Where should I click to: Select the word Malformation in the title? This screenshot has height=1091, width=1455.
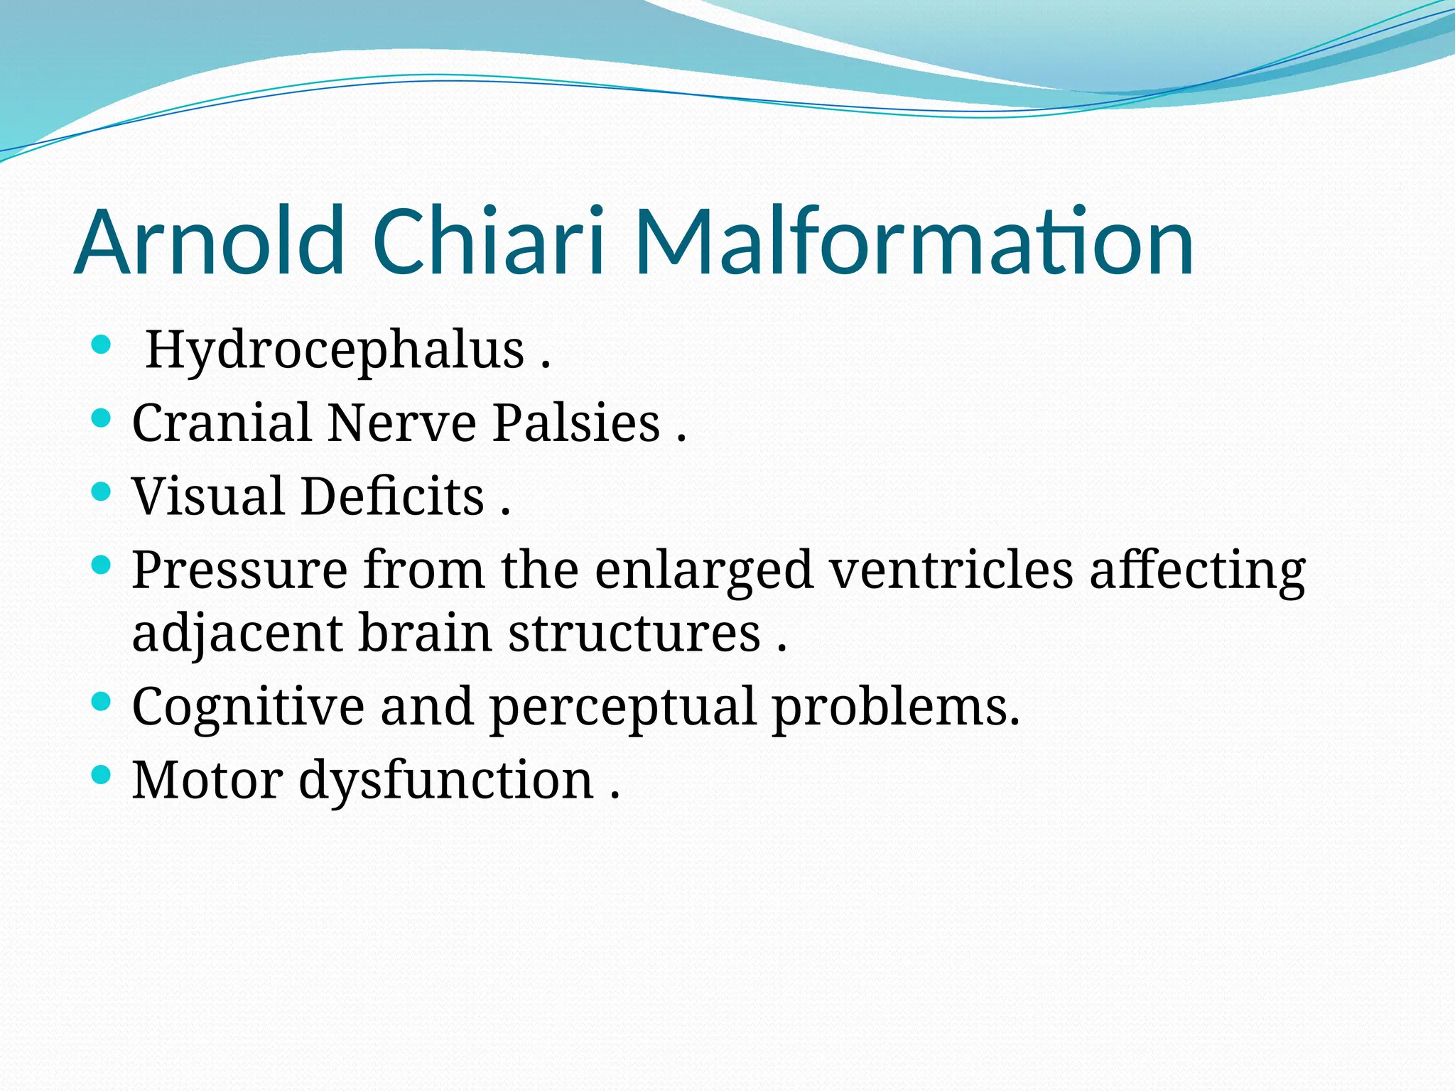pyautogui.click(x=914, y=241)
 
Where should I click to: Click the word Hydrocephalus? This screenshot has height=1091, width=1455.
pyautogui.click(x=335, y=351)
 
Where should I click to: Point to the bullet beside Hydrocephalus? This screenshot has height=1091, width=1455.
pyautogui.click(x=102, y=346)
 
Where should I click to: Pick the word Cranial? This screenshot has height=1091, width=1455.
pyautogui.click(x=222, y=423)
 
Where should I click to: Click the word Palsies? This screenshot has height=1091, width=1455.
pyautogui.click(x=576, y=423)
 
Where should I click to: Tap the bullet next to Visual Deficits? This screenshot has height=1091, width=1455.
pyautogui.click(x=102, y=492)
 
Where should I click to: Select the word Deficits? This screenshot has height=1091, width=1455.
pyautogui.click(x=392, y=496)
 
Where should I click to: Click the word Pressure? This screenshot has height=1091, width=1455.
pyautogui.click(x=239, y=570)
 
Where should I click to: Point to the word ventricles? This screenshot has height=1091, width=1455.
pyautogui.click(x=951, y=570)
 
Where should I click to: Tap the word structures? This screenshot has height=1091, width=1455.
pyautogui.click(x=634, y=634)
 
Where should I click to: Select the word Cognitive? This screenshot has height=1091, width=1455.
pyautogui.click(x=248, y=707)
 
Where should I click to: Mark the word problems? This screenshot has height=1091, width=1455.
pyautogui.click(x=895, y=707)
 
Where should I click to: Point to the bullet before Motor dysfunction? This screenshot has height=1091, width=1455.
pyautogui.click(x=102, y=775)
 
